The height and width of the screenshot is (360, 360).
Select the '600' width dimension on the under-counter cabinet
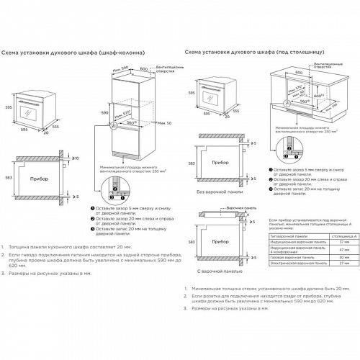[x=298, y=73]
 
